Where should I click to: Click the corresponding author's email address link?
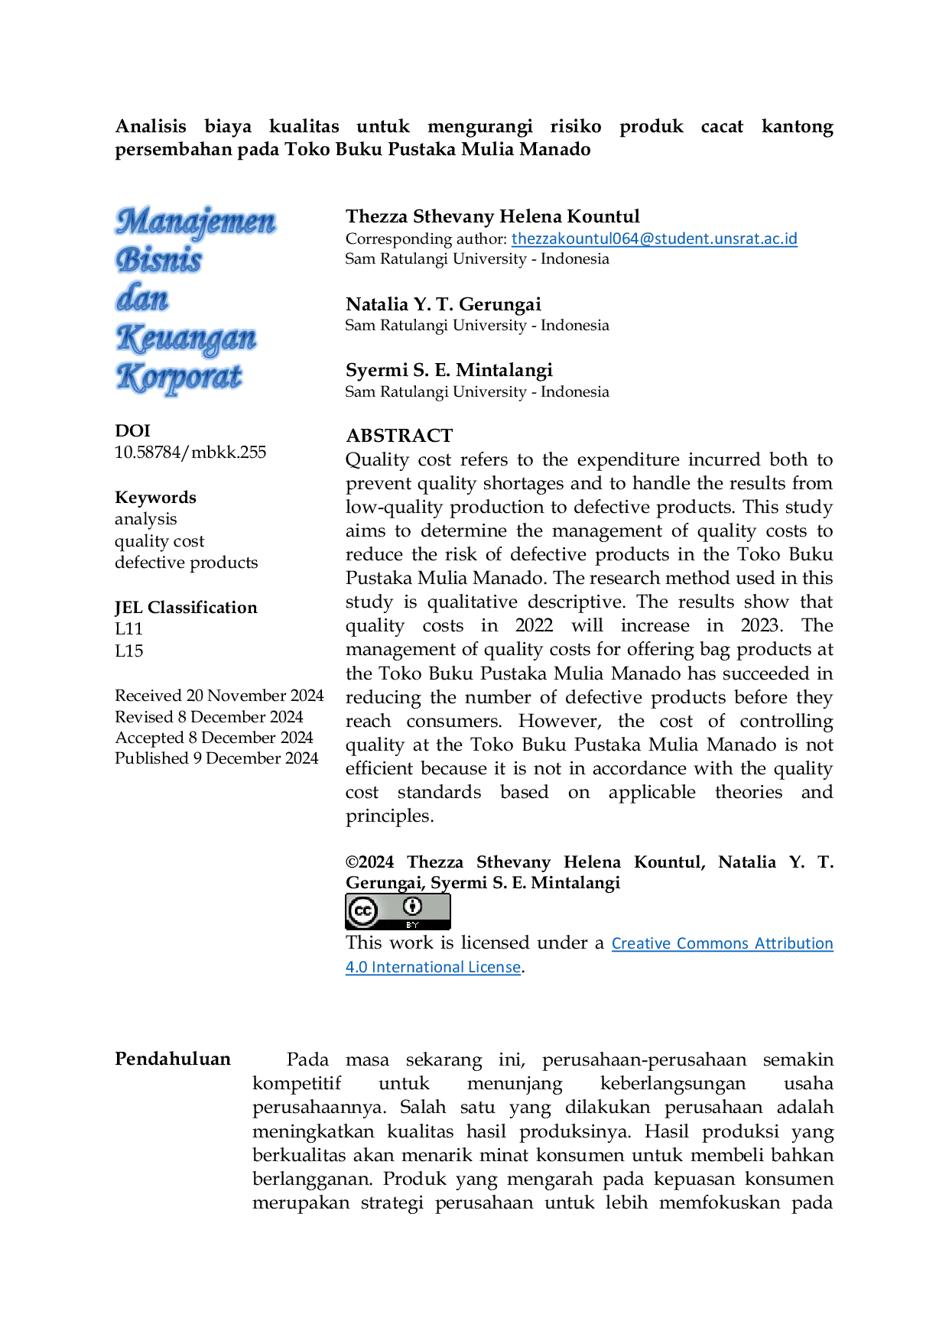point(654,238)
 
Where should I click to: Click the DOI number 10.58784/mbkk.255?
point(190,453)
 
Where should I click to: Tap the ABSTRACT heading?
point(399,436)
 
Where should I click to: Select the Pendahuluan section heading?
point(173,1059)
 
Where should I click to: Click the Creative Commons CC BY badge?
point(398,912)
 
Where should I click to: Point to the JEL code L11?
point(129,629)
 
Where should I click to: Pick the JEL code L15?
point(129,651)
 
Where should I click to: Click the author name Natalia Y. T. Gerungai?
point(444,305)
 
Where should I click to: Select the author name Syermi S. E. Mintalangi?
point(449,371)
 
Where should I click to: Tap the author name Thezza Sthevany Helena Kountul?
point(492,217)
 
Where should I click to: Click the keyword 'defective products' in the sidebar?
point(187,563)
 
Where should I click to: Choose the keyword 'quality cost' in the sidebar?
point(160,541)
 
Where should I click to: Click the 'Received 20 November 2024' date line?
point(219,696)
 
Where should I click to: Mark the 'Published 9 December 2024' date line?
point(216,758)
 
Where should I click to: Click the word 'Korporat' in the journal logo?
point(180,378)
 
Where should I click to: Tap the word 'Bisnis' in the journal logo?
point(159,260)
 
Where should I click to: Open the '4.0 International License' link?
point(433,967)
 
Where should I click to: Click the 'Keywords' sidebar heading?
point(155,498)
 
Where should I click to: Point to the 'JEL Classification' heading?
point(186,608)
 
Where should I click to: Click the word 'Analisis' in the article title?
point(151,127)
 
